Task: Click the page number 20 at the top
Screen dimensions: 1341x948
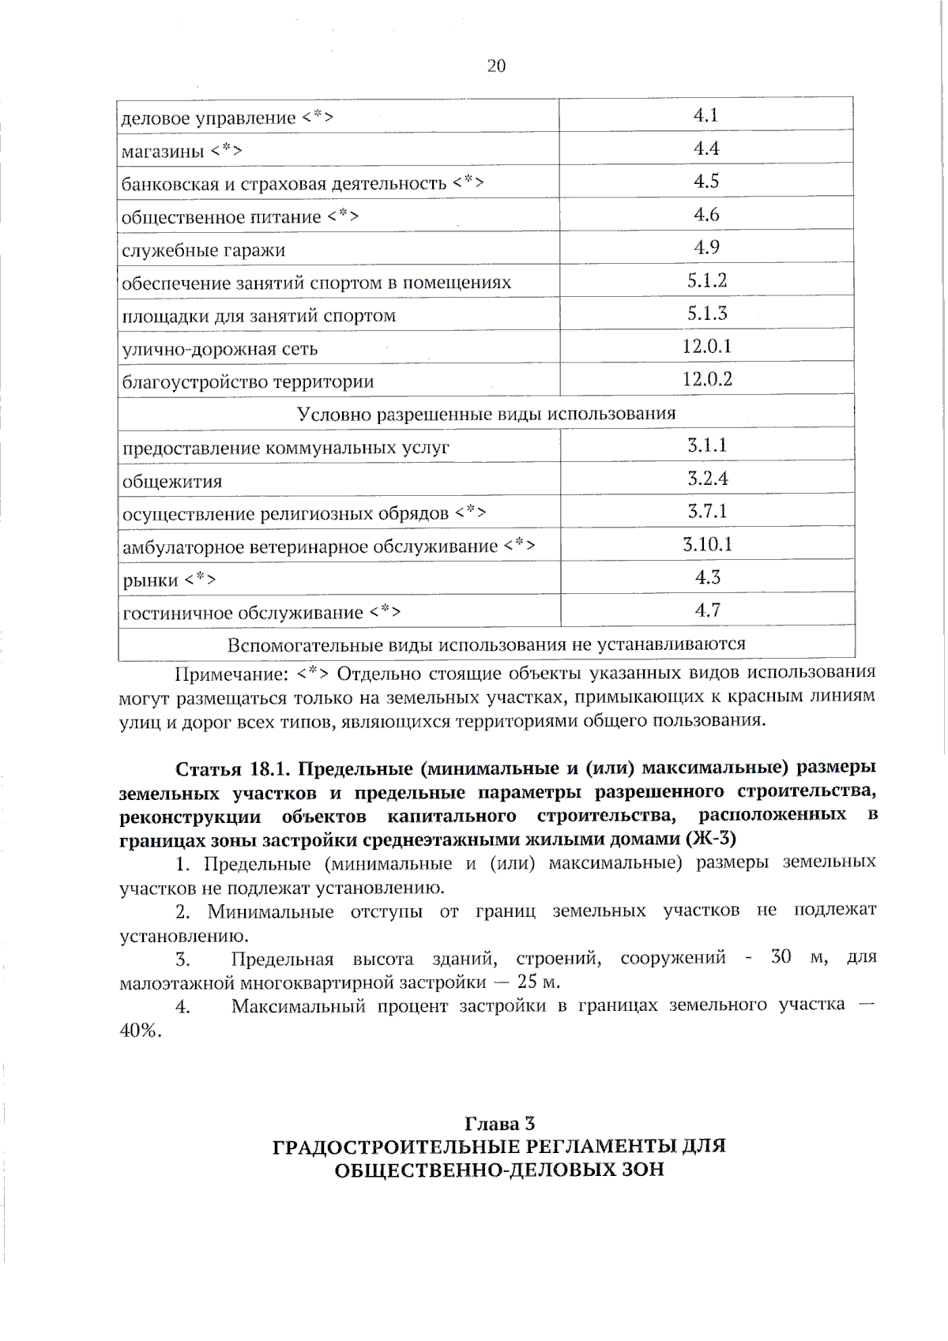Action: click(x=496, y=66)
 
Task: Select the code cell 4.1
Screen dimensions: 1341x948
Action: click(x=705, y=115)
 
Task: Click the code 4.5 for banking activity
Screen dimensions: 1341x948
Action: click(x=706, y=182)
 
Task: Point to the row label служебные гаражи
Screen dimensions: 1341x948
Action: click(x=203, y=250)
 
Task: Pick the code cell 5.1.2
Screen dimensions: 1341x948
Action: click(x=706, y=280)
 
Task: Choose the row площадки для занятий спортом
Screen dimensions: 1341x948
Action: click(x=258, y=316)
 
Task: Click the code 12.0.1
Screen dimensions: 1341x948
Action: click(x=707, y=346)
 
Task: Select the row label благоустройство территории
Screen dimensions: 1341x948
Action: click(x=247, y=382)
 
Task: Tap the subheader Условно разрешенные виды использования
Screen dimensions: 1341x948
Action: click(x=486, y=414)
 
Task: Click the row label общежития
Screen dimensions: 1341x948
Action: click(x=171, y=481)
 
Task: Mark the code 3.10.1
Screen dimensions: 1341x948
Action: click(x=707, y=544)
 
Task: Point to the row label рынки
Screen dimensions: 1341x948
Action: click(x=150, y=580)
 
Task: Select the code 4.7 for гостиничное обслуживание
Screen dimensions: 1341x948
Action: click(x=707, y=610)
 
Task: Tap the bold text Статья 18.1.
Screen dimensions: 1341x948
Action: click(x=235, y=768)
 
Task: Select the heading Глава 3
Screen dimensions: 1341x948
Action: click(x=499, y=1124)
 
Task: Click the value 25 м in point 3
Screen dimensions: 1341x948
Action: click(x=539, y=982)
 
